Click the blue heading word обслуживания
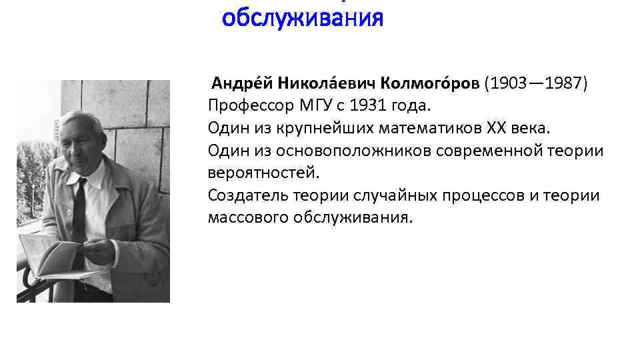tap(303, 18)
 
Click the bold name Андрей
tap(234, 83)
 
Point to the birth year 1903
tap(507, 83)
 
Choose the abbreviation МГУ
tap(307, 106)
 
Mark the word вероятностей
tap(263, 173)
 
